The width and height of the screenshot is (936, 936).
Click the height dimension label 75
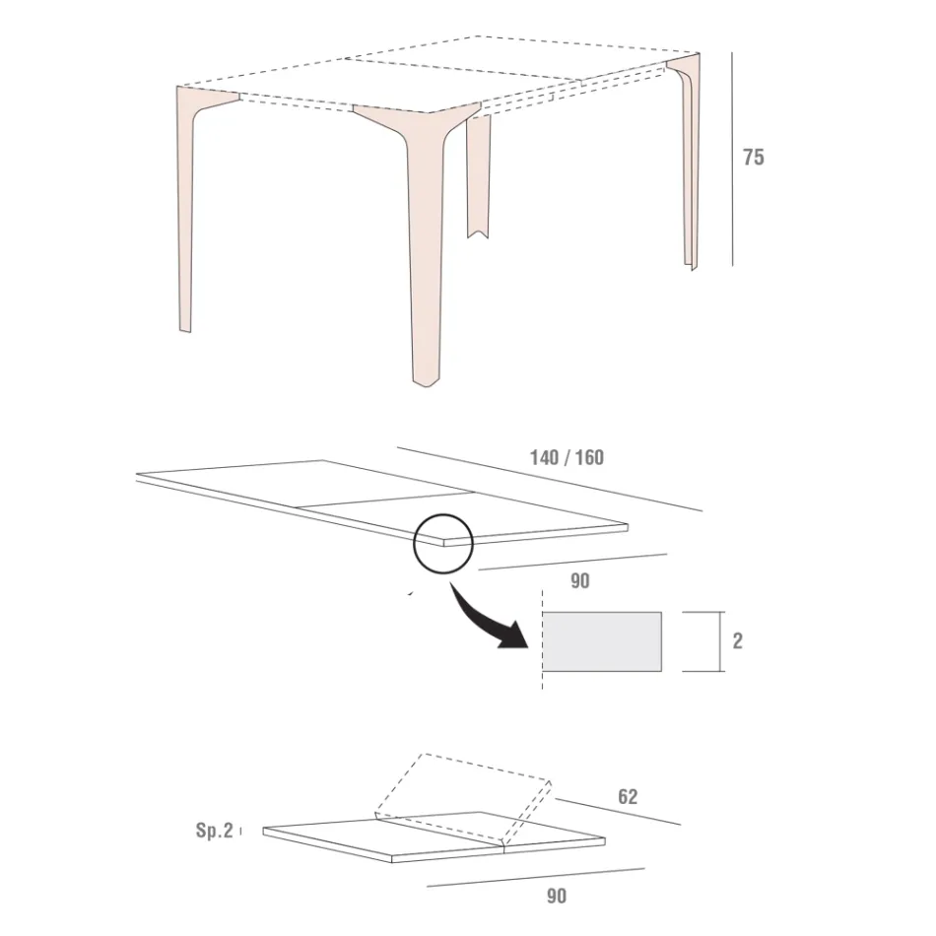click(753, 158)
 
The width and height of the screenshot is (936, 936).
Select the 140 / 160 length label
click(567, 457)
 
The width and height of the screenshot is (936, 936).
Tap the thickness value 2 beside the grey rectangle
click(738, 641)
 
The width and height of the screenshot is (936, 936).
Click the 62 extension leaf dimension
click(628, 796)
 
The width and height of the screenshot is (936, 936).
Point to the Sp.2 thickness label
click(214, 831)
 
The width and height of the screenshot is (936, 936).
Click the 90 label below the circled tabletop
click(580, 581)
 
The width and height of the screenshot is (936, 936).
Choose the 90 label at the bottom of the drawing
click(557, 896)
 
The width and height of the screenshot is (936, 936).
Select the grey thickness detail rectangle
click(602, 641)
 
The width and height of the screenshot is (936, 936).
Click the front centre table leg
click(425, 256)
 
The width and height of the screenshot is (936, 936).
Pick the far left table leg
click(185, 217)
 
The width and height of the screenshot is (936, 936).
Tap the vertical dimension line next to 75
click(732, 158)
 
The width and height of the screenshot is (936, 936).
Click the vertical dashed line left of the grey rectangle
click(542, 640)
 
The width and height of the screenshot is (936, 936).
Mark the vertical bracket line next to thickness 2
click(709, 641)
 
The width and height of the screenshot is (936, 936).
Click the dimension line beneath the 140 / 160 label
click(552, 481)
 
